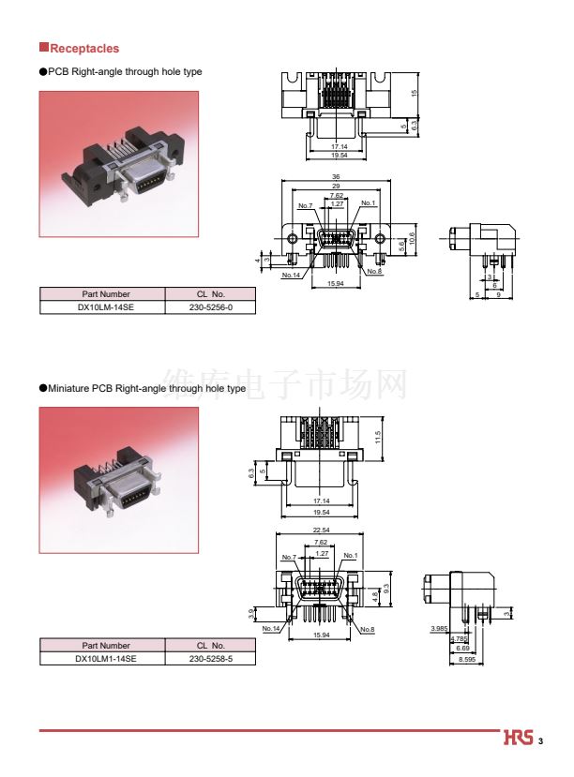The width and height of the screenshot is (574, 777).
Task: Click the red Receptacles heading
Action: tap(83, 49)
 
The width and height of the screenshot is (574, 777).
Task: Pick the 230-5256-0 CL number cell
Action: tap(210, 306)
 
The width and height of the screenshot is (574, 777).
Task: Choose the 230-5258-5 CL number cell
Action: tap(210, 659)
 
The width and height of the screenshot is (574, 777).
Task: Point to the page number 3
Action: tap(541, 741)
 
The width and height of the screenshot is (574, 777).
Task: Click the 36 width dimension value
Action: tap(336, 177)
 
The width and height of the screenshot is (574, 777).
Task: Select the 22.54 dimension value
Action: tap(320, 530)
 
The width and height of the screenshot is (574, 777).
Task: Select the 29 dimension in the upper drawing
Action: tap(336, 187)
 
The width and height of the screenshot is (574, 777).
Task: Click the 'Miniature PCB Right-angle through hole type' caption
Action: tap(146, 388)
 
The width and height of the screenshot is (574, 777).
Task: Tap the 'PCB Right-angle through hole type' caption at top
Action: tap(125, 71)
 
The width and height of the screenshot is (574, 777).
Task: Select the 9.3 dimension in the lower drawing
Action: tap(385, 589)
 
